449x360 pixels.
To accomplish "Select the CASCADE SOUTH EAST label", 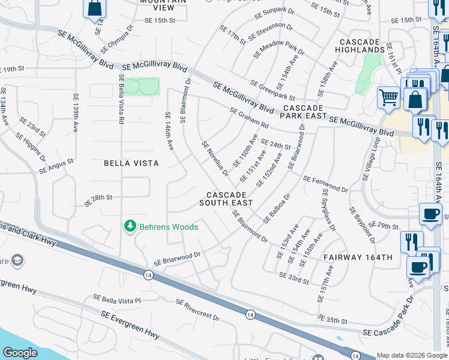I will [226, 199].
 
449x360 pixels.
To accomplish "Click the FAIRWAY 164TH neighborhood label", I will [358, 257].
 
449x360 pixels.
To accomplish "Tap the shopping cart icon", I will [388, 97].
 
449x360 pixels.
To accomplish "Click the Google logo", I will [20, 353].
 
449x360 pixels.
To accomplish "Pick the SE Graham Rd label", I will [249, 118].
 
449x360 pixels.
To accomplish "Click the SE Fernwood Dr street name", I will [325, 184].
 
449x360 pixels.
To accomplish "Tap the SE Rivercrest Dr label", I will [197, 309].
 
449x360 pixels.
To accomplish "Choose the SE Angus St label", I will [56, 166].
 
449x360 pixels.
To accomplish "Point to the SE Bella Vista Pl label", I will [116, 299].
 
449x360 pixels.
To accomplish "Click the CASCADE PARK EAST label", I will [305, 112].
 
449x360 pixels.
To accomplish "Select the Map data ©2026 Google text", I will [412, 355].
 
